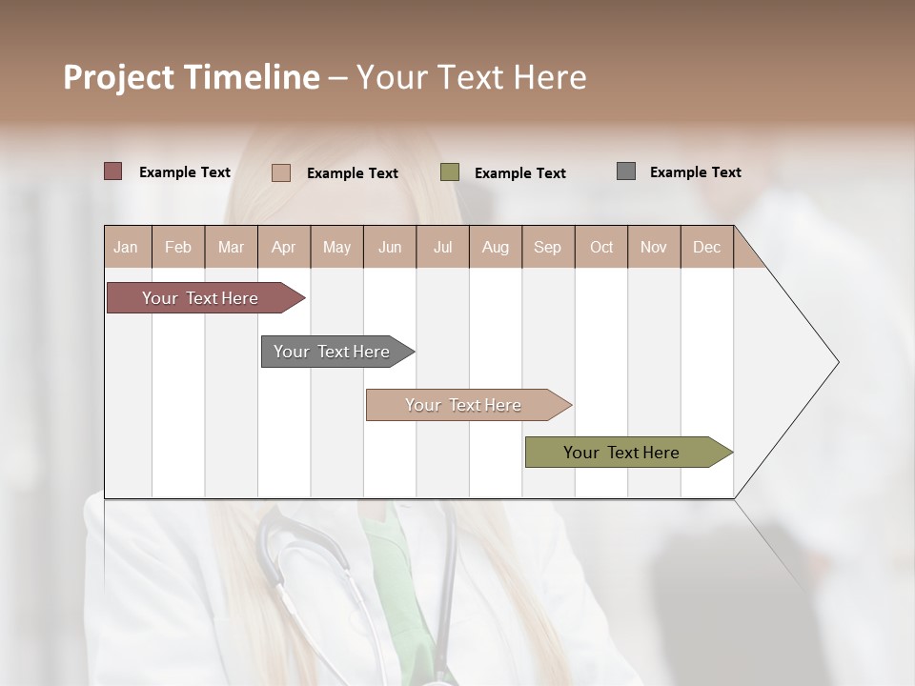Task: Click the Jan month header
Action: point(127,247)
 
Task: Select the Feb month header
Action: point(178,247)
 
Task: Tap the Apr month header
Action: point(283,247)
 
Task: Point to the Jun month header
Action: point(390,247)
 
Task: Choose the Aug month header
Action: point(495,247)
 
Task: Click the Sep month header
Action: point(547,247)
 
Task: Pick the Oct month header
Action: point(601,247)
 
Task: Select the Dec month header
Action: point(706,247)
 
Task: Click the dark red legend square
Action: point(112,171)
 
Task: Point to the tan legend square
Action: point(281,172)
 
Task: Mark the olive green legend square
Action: point(450,172)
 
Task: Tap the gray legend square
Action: point(626,171)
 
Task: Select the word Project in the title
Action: point(119,77)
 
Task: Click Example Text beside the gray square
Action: point(695,172)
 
